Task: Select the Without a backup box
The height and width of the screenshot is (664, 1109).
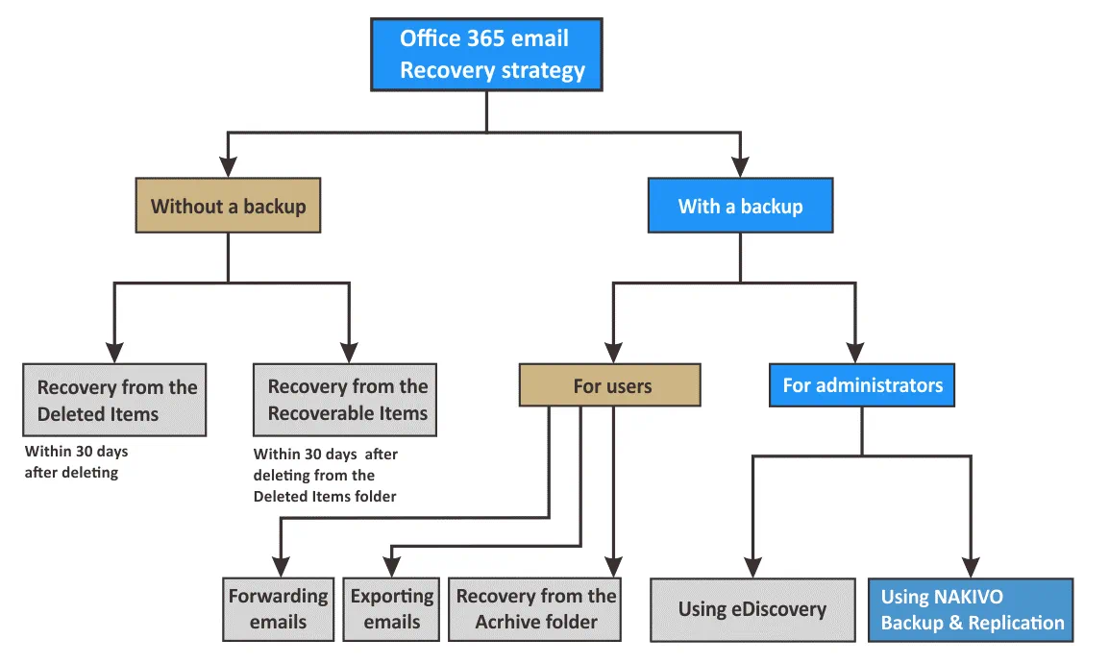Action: pos(228,206)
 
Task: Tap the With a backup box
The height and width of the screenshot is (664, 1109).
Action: pos(740,206)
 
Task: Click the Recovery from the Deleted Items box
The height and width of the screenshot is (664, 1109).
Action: pos(114,400)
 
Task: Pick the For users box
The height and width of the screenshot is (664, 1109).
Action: pos(611,386)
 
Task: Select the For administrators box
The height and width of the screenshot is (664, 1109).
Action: pos(862,386)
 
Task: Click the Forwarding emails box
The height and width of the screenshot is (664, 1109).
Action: pos(278,609)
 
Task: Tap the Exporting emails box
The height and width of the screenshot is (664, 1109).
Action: pos(391,609)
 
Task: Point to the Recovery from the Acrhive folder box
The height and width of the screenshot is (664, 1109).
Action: pos(535,609)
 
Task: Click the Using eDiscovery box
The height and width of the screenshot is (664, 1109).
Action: pos(752,609)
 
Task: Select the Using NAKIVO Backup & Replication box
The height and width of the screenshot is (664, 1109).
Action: pos(971,609)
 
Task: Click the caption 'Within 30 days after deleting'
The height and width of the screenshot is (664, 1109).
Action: pos(76,461)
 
